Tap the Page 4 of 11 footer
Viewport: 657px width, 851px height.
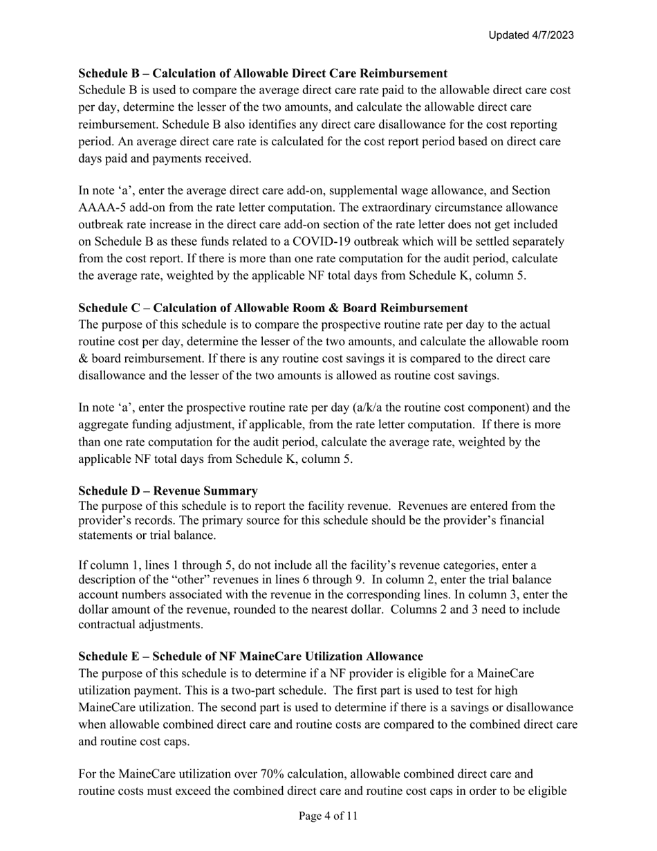[328, 816]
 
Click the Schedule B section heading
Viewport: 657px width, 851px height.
[263, 73]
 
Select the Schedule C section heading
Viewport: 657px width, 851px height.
[273, 308]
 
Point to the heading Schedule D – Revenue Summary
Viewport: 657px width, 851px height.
[168, 491]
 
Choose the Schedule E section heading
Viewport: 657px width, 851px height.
[250, 656]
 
